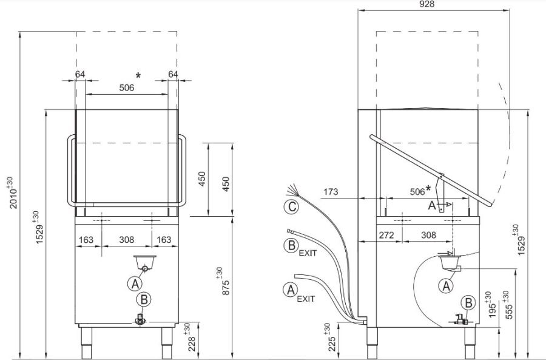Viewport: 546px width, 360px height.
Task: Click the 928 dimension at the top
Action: click(427, 4)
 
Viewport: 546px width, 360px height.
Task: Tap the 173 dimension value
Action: click(331, 192)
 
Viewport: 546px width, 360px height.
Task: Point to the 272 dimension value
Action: click(386, 235)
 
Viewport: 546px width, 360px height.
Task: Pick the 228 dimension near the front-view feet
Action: click(189, 338)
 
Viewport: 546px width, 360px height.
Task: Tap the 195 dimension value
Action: click(490, 305)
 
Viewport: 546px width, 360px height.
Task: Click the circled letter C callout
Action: click(291, 207)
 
